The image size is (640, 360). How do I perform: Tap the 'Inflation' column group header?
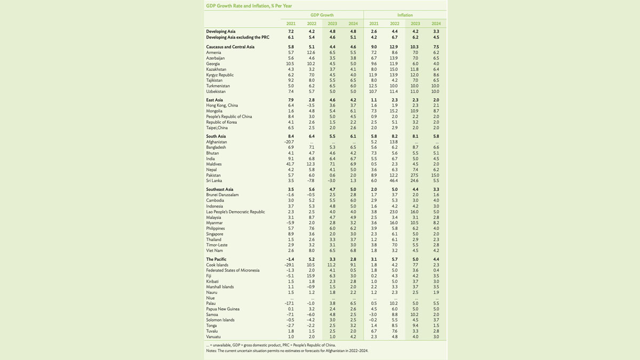click(x=405, y=15)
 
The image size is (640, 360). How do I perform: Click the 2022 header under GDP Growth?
click(x=311, y=23)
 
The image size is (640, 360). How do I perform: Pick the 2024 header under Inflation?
click(x=436, y=23)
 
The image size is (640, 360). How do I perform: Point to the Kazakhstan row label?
click(x=216, y=69)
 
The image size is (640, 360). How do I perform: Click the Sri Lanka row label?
click(x=214, y=181)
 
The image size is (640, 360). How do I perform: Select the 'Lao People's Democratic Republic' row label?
click(x=235, y=212)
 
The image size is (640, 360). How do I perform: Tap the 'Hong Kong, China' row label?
click(x=222, y=106)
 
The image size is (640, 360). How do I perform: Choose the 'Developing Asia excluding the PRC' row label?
click(x=238, y=38)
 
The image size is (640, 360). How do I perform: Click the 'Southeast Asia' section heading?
click(x=220, y=189)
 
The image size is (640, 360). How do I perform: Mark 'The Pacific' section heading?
click(x=216, y=259)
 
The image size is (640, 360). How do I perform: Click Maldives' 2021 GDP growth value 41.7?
click(x=290, y=164)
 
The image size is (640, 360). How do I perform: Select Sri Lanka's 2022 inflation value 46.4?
click(x=394, y=181)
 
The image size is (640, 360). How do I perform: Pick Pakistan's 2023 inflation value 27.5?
click(x=415, y=175)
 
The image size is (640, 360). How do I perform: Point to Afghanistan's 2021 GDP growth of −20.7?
click(x=289, y=142)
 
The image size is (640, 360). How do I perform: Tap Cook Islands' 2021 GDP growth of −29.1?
click(x=289, y=265)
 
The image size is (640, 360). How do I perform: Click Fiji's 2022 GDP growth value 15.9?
click(x=311, y=276)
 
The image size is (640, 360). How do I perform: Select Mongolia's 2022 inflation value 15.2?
click(x=394, y=111)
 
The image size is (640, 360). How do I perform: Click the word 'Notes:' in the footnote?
click(x=211, y=350)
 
